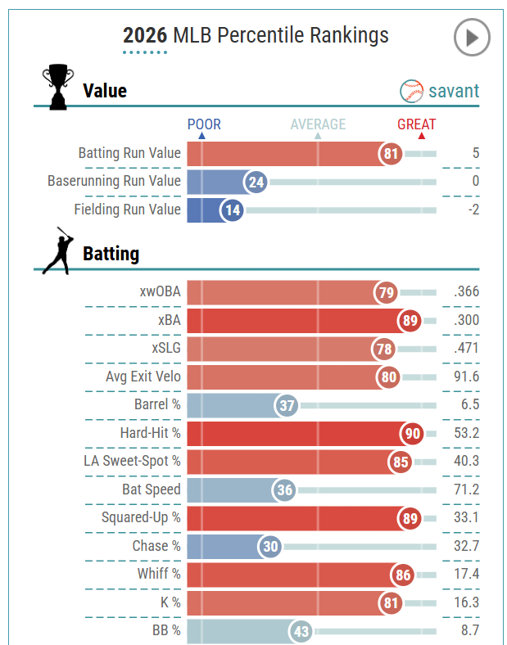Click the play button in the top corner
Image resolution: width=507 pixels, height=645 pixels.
tap(472, 38)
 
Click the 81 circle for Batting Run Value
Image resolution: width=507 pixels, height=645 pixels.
tap(391, 153)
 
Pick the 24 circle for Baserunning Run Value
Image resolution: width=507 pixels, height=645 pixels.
tap(256, 182)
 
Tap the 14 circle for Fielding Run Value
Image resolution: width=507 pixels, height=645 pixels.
tap(233, 210)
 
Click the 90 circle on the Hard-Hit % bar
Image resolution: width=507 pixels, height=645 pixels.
tap(411, 433)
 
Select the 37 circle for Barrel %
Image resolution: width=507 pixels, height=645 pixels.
tap(286, 405)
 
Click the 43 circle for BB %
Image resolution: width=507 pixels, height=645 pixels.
tap(301, 631)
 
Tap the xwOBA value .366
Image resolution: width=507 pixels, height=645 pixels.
tap(466, 292)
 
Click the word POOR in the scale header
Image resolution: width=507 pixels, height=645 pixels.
tap(204, 124)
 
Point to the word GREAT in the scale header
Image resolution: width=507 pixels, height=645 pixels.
tap(417, 124)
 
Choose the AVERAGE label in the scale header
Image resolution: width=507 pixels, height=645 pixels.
tap(318, 124)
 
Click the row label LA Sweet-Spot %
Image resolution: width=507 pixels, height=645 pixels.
tap(132, 461)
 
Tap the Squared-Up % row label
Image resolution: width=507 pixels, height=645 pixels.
tap(141, 517)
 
